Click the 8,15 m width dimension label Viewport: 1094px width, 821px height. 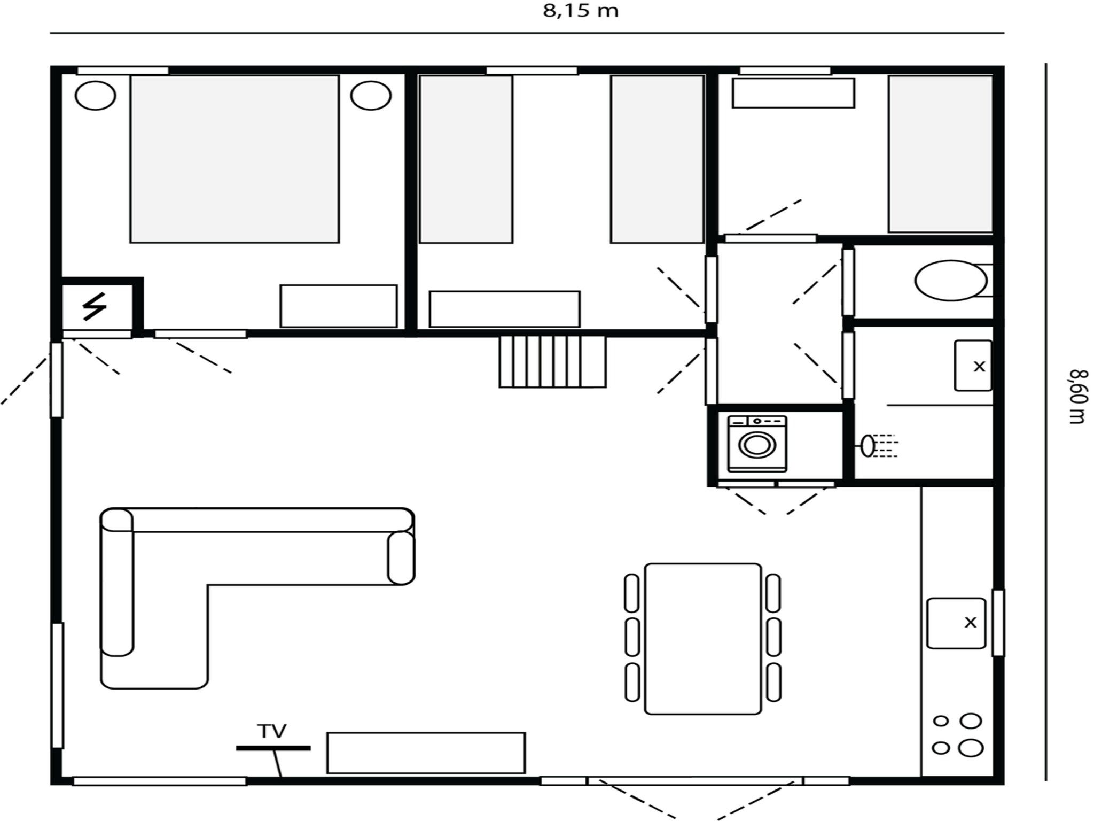pyautogui.click(x=581, y=11)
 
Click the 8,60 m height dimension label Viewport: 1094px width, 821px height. pyautogui.click(x=1077, y=396)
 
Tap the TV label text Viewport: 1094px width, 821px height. pyautogui.click(x=272, y=731)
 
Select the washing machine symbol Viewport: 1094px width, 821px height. pyautogui.click(x=757, y=444)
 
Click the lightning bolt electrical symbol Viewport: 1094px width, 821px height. pyautogui.click(x=95, y=307)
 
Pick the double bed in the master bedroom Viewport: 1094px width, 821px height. pyautogui.click(x=235, y=159)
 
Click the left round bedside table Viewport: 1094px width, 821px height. pyautogui.click(x=96, y=96)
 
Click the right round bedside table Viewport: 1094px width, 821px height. pyautogui.click(x=371, y=96)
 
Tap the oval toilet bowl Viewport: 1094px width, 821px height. pyautogui.click(x=951, y=280)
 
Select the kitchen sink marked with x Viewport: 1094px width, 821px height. pyautogui.click(x=956, y=623)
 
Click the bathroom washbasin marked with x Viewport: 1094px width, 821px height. pyautogui.click(x=973, y=366)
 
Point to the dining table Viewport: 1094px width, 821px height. pyautogui.click(x=703, y=639)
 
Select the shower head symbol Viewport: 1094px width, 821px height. pyautogui.click(x=868, y=446)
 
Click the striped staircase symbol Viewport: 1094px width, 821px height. pyautogui.click(x=552, y=361)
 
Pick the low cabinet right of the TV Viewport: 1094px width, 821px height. pyautogui.click(x=426, y=753)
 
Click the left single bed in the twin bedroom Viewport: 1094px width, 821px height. pyautogui.click(x=466, y=159)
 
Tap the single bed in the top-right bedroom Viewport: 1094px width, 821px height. pyautogui.click(x=941, y=154)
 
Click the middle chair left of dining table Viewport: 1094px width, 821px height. pyautogui.click(x=632, y=637)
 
